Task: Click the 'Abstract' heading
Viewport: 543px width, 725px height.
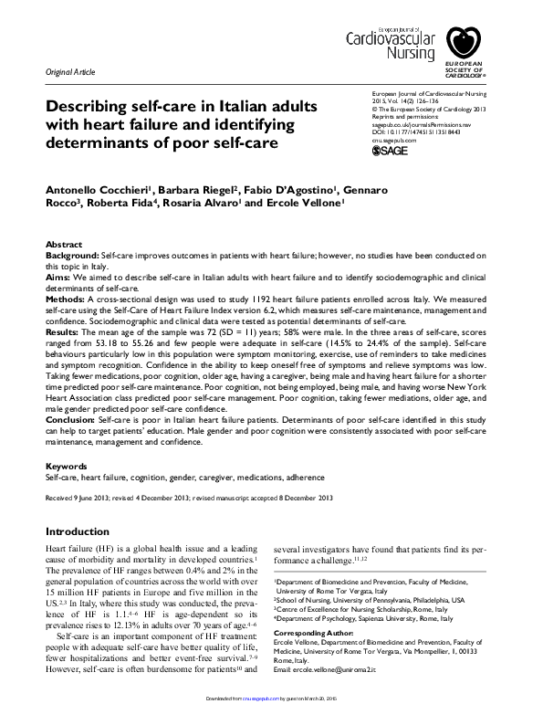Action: [64, 247]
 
